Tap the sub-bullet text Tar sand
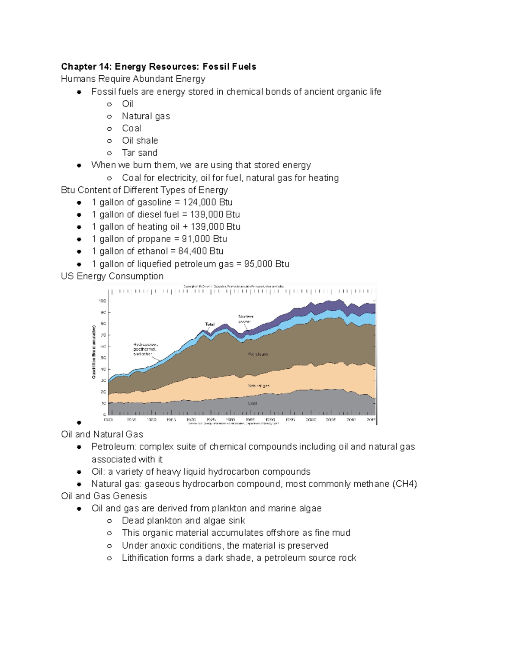tap(139, 153)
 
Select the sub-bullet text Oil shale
tap(140, 141)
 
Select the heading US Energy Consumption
tap(112, 276)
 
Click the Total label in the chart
tap(210, 324)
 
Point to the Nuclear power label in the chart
tap(246, 319)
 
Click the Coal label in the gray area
tap(252, 403)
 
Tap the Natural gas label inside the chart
tap(258, 386)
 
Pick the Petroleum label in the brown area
tap(258, 354)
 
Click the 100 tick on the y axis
tap(103, 301)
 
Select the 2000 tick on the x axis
tap(311, 420)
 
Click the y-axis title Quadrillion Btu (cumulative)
tap(93, 352)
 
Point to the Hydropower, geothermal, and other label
tap(145, 349)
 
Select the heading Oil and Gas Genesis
tap(104, 496)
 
